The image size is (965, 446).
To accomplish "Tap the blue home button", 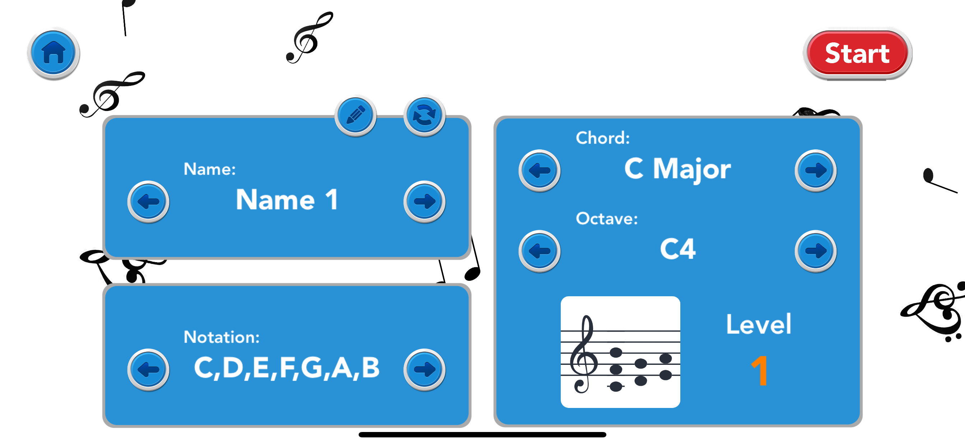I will [x=53, y=53].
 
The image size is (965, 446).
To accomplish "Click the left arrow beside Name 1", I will [x=148, y=202].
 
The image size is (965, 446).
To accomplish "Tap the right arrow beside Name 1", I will [x=424, y=202].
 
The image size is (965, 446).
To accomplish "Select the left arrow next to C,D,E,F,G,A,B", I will [x=148, y=370].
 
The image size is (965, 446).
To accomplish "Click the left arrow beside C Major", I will [x=539, y=171].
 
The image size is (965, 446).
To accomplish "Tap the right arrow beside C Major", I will [x=815, y=171].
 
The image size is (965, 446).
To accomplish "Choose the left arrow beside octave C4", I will [x=539, y=251].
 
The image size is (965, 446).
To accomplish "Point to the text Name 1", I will [x=287, y=200].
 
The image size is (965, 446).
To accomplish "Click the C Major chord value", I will [x=677, y=169].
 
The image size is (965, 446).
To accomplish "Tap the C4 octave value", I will [x=677, y=249].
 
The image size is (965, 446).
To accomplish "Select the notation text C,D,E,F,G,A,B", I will [x=287, y=368].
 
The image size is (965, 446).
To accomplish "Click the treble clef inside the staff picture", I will [x=583, y=354].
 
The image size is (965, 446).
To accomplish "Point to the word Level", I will [x=759, y=324].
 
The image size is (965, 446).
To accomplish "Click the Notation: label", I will [x=222, y=337].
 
